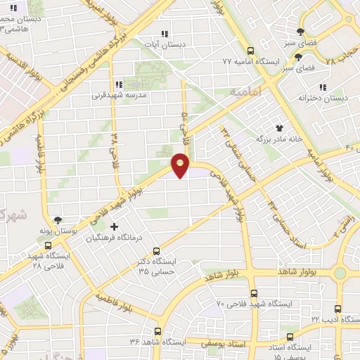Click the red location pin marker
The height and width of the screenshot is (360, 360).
click(181, 166)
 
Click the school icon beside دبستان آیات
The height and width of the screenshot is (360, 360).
click(165, 34)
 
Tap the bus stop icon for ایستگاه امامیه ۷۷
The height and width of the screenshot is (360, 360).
click(250, 50)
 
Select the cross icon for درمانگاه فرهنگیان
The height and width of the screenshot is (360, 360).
click(115, 226)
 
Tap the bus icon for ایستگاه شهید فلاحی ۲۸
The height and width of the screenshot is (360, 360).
click(47, 246)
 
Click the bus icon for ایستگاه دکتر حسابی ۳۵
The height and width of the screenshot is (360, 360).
click(156, 250)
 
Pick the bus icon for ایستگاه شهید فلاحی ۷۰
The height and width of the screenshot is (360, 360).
click(254, 293)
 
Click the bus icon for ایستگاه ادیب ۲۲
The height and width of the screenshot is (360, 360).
click(338, 309)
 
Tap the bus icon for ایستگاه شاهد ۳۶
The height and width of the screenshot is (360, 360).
click(157, 330)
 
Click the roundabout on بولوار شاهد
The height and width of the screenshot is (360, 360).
click(341, 272)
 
